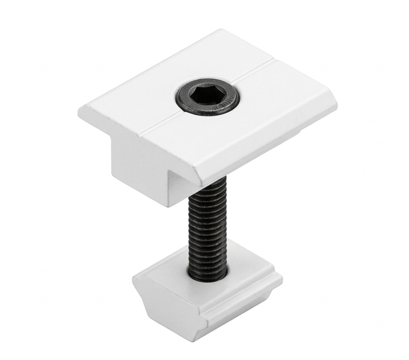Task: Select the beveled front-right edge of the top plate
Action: (266, 148)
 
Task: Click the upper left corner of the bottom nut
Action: (135, 277)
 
